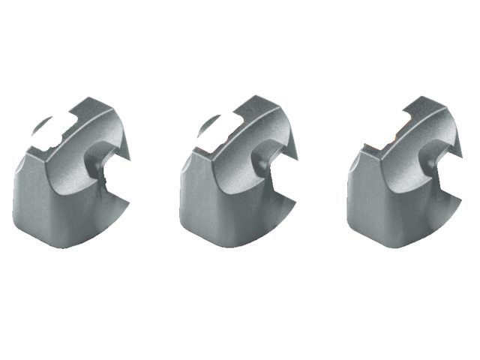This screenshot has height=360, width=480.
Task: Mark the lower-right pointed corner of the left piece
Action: pos(128,201)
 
